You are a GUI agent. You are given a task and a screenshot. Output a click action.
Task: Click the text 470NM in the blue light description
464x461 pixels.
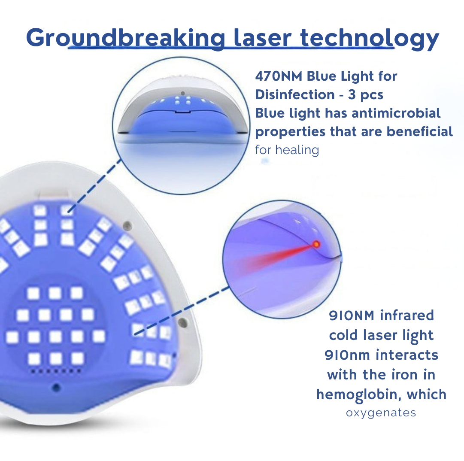(279, 76)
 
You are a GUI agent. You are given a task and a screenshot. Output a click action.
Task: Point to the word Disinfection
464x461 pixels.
(295, 95)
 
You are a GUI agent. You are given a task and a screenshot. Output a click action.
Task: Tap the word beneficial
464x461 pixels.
(420, 131)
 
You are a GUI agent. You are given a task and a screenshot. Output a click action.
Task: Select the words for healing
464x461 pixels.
(287, 150)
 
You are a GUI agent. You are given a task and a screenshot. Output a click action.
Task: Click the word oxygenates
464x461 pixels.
(381, 413)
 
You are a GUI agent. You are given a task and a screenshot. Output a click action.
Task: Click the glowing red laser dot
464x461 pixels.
(316, 244)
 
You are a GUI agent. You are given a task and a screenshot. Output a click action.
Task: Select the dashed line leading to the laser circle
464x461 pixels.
(182, 311)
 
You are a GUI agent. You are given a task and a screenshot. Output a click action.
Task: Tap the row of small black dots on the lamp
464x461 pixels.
(56, 371)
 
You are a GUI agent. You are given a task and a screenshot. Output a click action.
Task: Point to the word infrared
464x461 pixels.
(407, 315)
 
